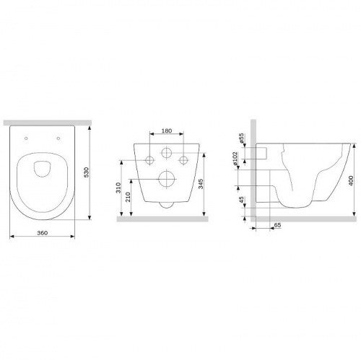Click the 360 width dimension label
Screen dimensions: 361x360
click(x=43, y=233)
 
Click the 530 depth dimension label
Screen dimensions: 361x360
click(x=87, y=172)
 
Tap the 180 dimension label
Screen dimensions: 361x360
click(x=167, y=131)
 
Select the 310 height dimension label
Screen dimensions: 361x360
click(x=118, y=188)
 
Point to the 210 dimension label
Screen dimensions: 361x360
click(x=128, y=197)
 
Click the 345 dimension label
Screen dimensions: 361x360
click(x=201, y=184)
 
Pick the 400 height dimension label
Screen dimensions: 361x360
click(x=351, y=180)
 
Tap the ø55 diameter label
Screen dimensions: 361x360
click(x=241, y=139)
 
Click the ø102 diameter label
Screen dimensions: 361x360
click(x=235, y=159)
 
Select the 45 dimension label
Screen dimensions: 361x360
click(x=242, y=200)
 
